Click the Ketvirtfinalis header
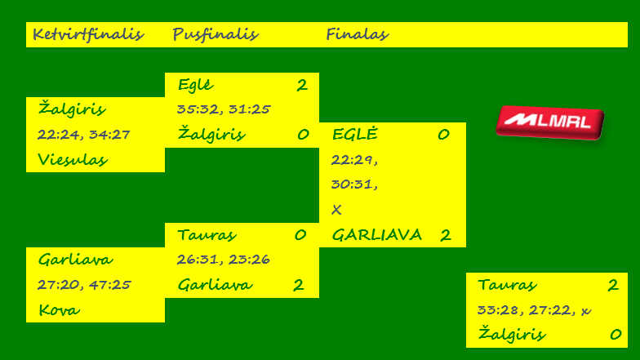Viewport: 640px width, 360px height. pos(87,34)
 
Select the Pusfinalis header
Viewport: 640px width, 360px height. pos(215,34)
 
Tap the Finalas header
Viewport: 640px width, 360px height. pos(357,34)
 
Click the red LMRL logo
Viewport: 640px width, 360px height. pos(549,122)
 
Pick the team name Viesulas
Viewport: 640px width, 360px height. pos(73,160)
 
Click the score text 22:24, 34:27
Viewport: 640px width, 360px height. pos(84,134)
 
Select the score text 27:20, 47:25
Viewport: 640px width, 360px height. pos(84,284)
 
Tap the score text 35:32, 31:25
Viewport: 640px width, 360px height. pos(224,109)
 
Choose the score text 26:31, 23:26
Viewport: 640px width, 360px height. pos(224,259)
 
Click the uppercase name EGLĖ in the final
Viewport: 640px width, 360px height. pos(355,135)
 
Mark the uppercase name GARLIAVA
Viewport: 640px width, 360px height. pos(376,235)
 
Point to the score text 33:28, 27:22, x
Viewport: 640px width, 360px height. pos(533,309)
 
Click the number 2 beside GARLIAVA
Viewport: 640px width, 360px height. pos(445,235)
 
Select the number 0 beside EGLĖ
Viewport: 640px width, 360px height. pos(443,135)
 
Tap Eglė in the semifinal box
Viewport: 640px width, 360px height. pos(195,85)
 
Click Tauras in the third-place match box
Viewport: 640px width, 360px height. pos(507,285)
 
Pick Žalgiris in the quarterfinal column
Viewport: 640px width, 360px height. pos(72,109)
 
